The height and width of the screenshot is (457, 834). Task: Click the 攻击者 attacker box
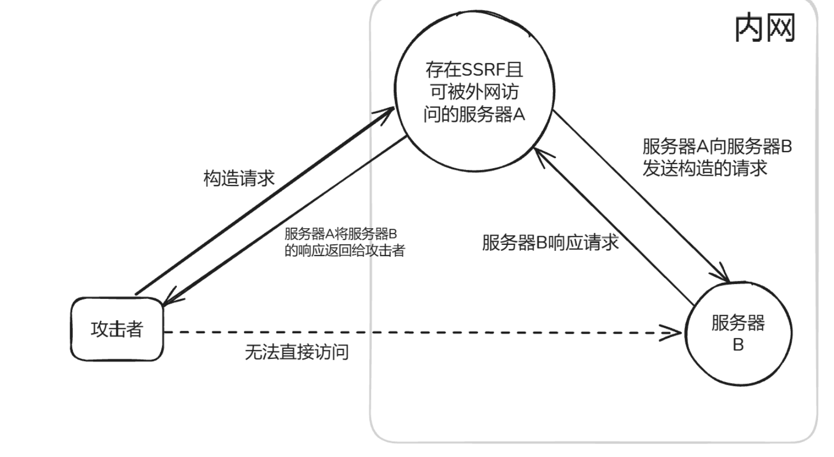(x=117, y=329)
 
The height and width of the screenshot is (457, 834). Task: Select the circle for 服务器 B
(x=738, y=333)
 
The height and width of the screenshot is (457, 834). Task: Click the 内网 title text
(x=764, y=28)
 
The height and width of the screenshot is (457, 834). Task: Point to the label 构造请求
(x=239, y=178)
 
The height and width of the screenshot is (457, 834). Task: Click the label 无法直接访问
(x=296, y=352)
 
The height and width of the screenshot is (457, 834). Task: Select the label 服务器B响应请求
(x=550, y=243)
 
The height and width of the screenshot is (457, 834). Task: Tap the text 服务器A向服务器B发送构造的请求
(x=717, y=157)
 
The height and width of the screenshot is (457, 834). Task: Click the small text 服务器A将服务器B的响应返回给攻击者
(x=344, y=242)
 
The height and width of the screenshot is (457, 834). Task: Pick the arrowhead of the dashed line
(x=672, y=333)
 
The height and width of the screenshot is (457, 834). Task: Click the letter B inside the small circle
(x=738, y=345)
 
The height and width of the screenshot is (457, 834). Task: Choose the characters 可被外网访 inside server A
(x=474, y=92)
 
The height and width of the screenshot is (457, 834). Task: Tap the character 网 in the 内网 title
(x=780, y=28)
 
